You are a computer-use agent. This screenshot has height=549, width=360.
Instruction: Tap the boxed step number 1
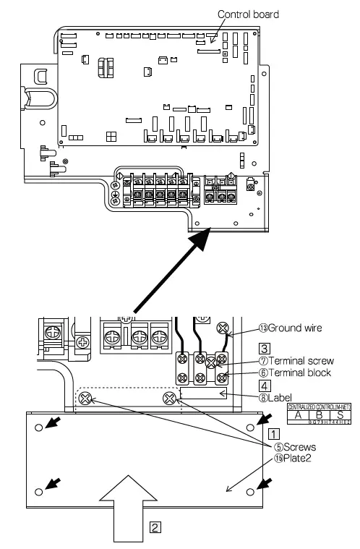click(x=274, y=434)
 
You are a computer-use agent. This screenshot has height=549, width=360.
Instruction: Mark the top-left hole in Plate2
click(x=38, y=427)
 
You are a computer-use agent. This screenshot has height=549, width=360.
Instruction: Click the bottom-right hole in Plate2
click(x=249, y=492)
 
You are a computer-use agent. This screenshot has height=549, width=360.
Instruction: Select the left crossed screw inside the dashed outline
click(x=86, y=398)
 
